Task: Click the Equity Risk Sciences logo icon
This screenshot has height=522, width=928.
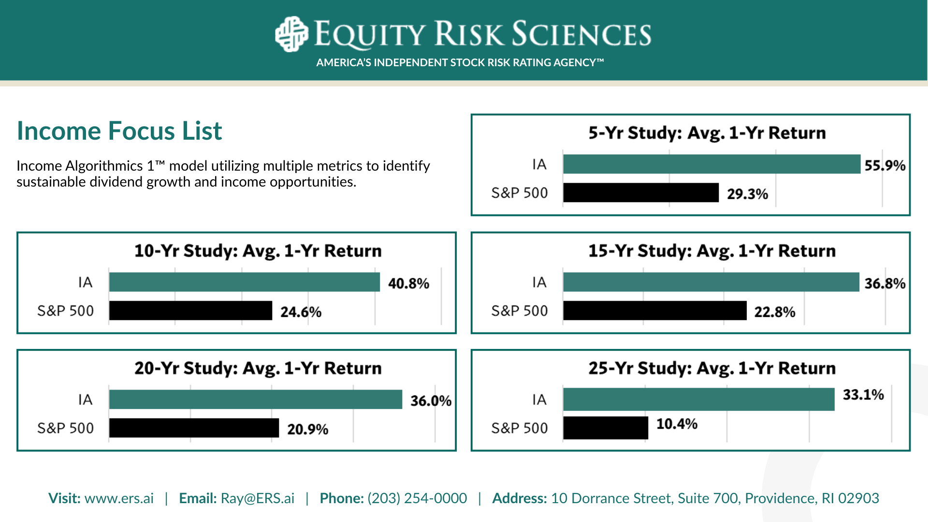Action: pos(291,34)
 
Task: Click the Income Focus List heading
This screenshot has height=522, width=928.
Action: pos(119,131)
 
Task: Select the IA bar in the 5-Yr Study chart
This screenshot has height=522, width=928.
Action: pos(712,164)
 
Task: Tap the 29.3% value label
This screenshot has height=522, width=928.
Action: pos(747,194)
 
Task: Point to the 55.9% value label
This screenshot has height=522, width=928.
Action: pos(885,165)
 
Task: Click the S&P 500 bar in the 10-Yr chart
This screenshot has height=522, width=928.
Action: pos(191,310)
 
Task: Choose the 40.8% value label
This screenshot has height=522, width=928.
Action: pos(408,283)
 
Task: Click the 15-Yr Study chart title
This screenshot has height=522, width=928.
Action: pos(711,251)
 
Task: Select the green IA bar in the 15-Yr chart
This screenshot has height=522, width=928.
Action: pos(711,282)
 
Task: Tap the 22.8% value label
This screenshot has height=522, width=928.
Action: pos(775,312)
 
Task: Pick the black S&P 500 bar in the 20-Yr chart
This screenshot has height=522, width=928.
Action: pos(194,428)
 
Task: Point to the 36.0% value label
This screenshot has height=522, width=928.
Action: pos(431,401)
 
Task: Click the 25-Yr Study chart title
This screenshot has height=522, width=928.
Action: pos(711,368)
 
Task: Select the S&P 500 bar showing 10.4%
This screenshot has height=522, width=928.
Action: pos(606,428)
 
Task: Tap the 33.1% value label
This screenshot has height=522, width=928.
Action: pos(863,394)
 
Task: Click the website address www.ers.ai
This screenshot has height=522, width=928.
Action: pos(119,498)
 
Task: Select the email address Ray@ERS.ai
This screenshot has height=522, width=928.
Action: pos(258,498)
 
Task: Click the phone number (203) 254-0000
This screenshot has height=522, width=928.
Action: pos(417,498)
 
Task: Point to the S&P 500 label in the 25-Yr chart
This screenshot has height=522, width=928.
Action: pos(520,428)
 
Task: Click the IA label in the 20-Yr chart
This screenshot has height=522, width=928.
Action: pos(85,400)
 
